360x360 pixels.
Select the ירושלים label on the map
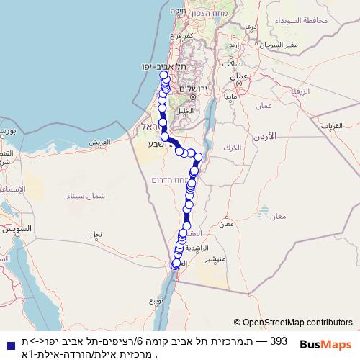[x=192, y=88]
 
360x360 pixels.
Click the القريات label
[x=338, y=126]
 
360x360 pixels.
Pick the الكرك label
[x=233, y=147]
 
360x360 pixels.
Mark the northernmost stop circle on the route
[x=163, y=75]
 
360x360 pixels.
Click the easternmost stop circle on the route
[x=199, y=157]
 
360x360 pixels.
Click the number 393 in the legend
[x=279, y=340]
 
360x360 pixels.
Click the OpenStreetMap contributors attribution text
[x=297, y=323]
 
